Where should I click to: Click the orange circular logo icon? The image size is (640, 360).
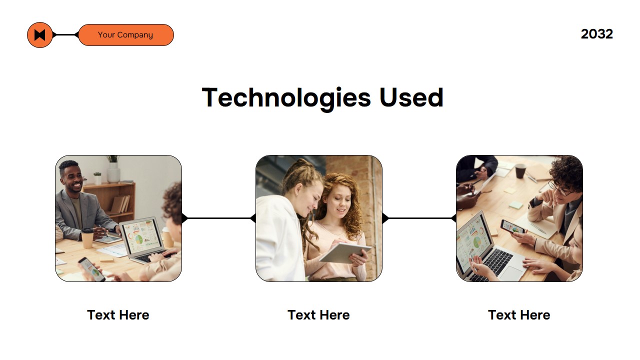point(39,35)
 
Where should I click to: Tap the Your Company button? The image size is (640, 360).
point(126,35)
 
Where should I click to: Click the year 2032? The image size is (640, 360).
point(597,34)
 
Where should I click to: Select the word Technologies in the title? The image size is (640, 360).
point(286,97)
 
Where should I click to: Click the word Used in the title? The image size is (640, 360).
point(411,97)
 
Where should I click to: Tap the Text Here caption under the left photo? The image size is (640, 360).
point(118,315)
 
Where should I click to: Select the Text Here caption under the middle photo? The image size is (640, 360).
point(318,315)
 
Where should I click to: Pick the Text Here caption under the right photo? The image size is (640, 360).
point(519,315)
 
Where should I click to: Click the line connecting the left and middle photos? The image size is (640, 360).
point(218,218)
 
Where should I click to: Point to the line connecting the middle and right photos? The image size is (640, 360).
point(419,218)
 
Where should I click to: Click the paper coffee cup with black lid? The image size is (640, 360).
point(87,238)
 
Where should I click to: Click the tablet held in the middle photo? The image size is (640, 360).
point(345,253)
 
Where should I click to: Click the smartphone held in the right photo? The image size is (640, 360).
point(512,227)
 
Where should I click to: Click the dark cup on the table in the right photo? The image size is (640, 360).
point(520,171)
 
